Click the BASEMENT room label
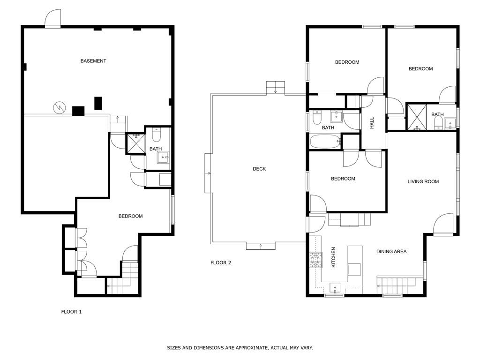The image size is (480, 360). pos(93,61)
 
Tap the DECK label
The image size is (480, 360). pos(259,169)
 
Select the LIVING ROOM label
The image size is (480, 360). pos(423,181)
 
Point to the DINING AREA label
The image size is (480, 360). pos(391,252)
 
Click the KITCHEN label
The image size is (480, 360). pos(334,257)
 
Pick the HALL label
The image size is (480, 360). pos(372,123)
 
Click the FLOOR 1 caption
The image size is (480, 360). pos(71,312)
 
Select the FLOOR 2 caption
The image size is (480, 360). pos(221,263)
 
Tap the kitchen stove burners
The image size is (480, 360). pos(315,260)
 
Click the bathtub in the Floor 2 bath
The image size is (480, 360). pos(325,142)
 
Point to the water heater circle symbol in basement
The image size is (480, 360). pos(60,107)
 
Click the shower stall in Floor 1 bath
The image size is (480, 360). pos(135,144)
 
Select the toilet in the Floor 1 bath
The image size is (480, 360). pos(157,134)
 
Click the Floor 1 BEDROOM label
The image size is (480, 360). pos(130,216)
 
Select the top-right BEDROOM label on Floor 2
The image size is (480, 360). pos(420,69)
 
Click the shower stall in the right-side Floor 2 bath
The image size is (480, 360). pos(416,117)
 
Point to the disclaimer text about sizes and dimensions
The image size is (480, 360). pos(240,348)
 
